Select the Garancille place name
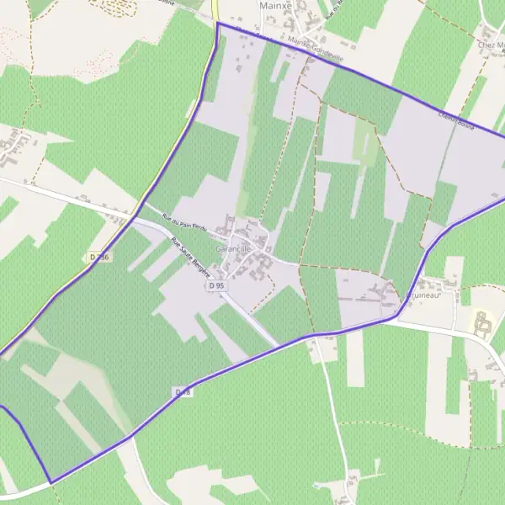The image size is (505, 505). click(233, 250)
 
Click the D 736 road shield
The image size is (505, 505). click(98, 257)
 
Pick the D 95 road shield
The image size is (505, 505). click(216, 285)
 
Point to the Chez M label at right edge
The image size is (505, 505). click(492, 44)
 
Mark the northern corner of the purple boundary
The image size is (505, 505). click(217, 24)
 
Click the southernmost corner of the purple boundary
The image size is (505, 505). click(50, 482)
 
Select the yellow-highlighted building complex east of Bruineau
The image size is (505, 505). click(481, 323)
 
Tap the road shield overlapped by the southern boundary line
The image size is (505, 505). click(183, 393)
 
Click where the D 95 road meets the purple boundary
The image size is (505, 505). click(279, 344)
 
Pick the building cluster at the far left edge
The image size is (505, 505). click(15, 148)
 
